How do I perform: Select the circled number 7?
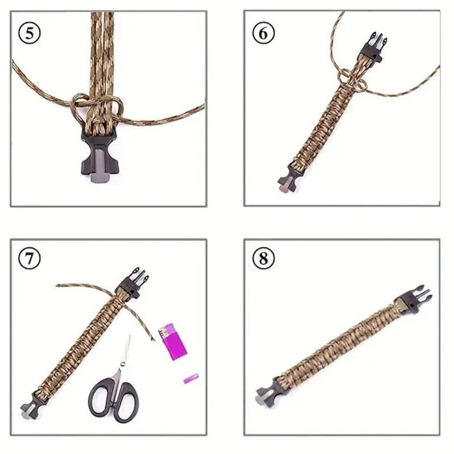pos(30,259)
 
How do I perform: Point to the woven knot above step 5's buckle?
pos(98,108)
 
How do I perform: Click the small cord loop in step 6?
pos(345,77)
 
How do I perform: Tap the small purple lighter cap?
pos(191,378)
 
